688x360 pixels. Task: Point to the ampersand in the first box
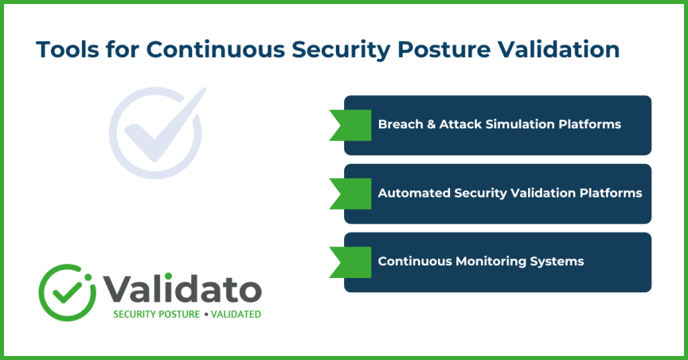pyautogui.click(x=431, y=125)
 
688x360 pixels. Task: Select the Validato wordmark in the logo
pyautogui.click(x=181, y=289)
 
